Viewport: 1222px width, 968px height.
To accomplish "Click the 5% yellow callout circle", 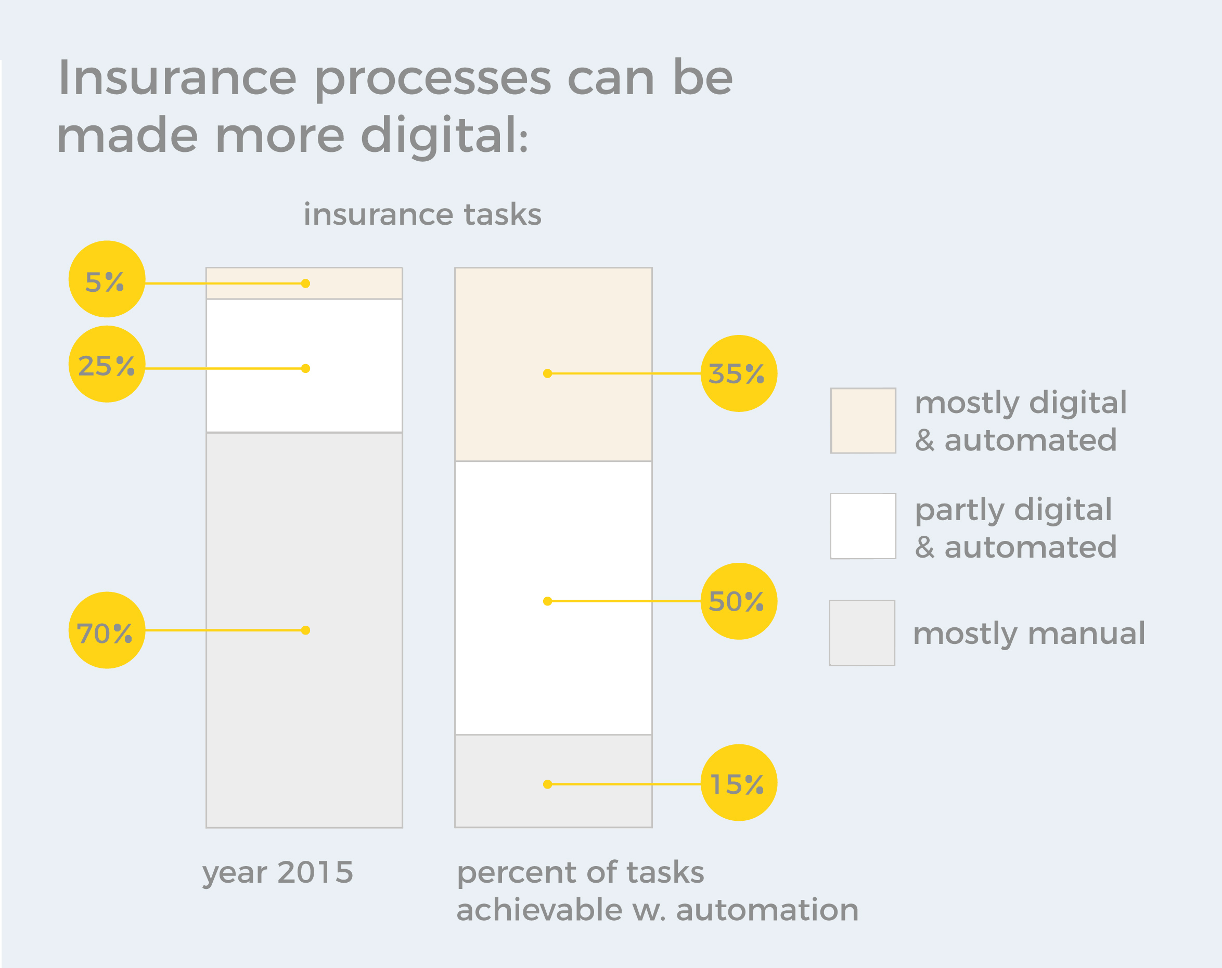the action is point(107,279).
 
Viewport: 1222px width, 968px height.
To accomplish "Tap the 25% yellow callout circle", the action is point(107,364).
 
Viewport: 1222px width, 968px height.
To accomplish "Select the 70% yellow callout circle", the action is point(107,630).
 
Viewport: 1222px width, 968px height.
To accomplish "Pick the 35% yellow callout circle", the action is point(739,373).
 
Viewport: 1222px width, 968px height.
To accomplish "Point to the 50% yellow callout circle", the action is point(739,601).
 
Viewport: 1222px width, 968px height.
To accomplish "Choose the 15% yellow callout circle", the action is point(739,783).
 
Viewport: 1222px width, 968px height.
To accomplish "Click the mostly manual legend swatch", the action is point(862,633).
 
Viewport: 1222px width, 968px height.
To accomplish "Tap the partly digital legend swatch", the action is point(863,526).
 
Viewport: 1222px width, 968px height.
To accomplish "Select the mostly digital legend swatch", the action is point(863,420).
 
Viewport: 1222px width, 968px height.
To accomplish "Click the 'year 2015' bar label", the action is point(278,873).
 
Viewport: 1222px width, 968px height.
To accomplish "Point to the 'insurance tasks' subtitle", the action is point(422,214).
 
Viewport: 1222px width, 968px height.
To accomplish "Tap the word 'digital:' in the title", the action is point(445,136).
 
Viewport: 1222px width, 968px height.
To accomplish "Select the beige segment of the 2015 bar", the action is point(304,283).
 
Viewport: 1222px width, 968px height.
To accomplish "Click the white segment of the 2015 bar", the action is point(304,366).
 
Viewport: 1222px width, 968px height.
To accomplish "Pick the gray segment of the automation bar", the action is point(553,781).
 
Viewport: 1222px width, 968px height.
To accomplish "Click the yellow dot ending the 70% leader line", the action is point(305,630).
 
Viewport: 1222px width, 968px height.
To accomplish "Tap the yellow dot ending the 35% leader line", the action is point(547,373).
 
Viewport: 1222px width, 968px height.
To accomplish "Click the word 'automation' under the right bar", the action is point(767,910).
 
